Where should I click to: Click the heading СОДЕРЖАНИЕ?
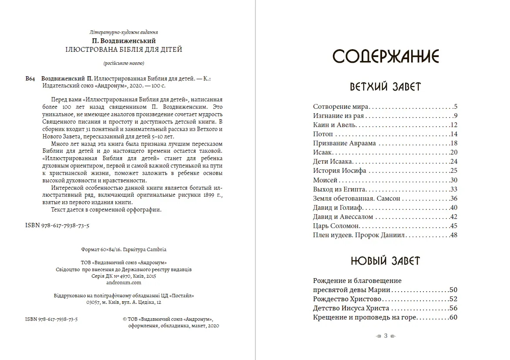[385, 57]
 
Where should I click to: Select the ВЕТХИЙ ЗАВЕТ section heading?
[385, 87]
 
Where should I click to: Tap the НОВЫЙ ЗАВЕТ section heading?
[385, 261]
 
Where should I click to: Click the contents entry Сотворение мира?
[341, 106]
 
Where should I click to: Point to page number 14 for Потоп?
[454, 134]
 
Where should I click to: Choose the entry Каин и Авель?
[335, 125]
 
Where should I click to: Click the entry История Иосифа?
[339, 171]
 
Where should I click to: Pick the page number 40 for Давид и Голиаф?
[454, 208]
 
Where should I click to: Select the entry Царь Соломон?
[336, 226]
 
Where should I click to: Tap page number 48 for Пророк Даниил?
[454, 235]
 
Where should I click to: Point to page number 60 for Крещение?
[454, 317]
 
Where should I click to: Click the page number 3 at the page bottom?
[385, 336]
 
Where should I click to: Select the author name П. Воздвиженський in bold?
[124, 41]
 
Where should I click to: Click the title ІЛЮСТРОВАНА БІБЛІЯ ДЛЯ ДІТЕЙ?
[124, 50]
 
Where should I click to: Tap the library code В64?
[30, 78]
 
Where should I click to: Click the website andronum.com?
[124, 282]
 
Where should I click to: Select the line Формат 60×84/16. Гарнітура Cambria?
[124, 250]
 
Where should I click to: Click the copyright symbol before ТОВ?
[126, 319]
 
